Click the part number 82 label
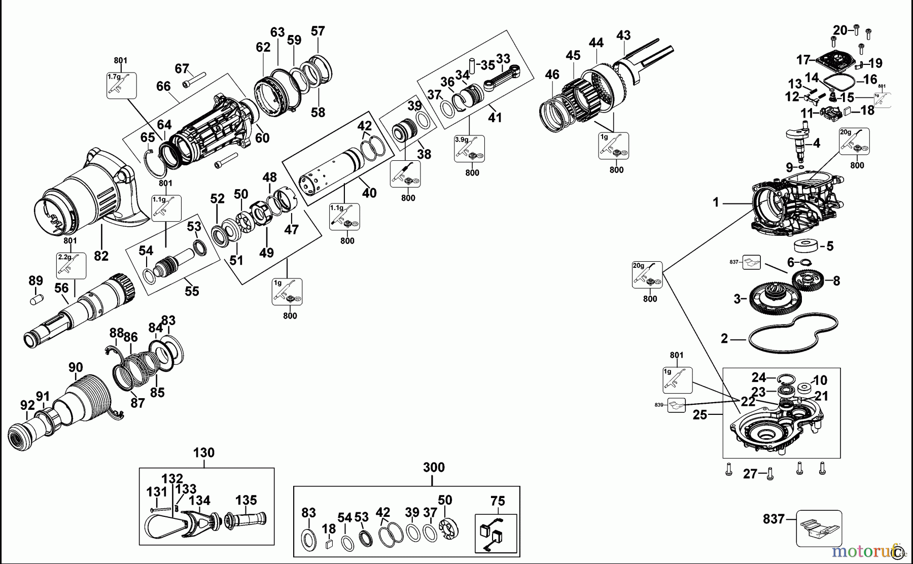pos(101,256)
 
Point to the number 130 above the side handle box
pos(204,452)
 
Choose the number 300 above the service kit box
pos(434,467)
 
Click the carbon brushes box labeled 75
pos(496,533)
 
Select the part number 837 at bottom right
pos(774,519)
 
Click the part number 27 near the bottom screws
pos(750,474)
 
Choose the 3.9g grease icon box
pos(469,149)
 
